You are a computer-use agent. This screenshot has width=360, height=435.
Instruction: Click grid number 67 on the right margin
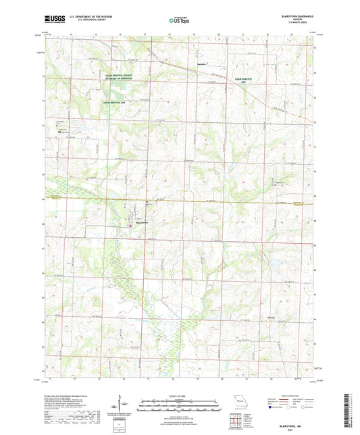pyautogui.click(x=320, y=247)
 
